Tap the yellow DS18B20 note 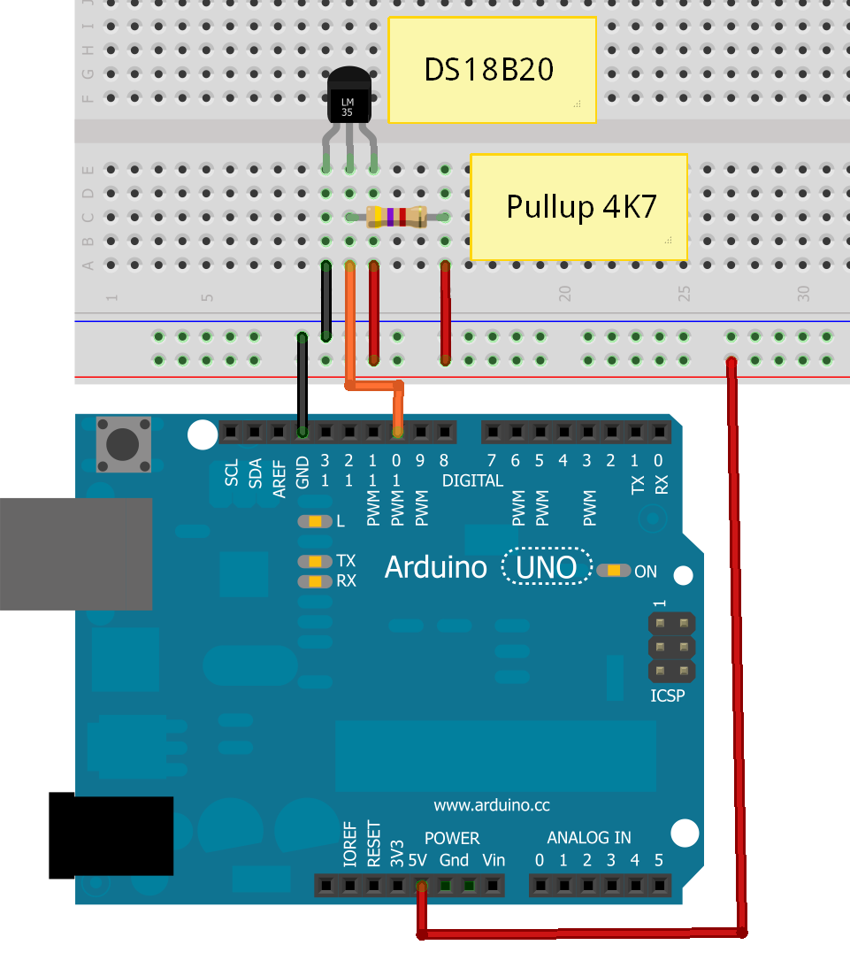click(x=492, y=69)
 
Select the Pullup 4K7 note click(x=578, y=207)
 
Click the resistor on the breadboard click(x=396, y=216)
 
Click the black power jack click(x=111, y=836)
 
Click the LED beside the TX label click(x=314, y=561)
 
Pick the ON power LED click(x=613, y=571)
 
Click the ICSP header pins click(x=671, y=648)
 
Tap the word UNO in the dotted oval click(x=547, y=567)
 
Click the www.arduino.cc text click(x=492, y=805)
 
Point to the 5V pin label click(x=419, y=860)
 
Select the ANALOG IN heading click(x=589, y=838)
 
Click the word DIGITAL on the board click(x=472, y=480)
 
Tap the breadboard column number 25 click(x=684, y=294)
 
